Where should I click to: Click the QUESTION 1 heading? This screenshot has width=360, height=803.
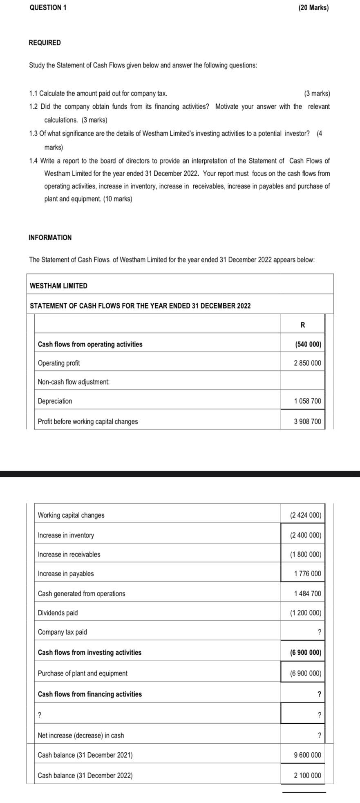point(48,8)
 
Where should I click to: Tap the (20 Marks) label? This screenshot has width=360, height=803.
point(313,8)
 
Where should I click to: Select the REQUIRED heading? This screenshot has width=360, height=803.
point(45,42)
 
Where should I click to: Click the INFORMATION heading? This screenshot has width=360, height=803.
point(50,237)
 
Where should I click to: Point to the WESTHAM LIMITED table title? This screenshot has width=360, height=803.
point(58,286)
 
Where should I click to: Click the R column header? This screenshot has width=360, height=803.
point(302,325)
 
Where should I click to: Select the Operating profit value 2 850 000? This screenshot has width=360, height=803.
point(307,363)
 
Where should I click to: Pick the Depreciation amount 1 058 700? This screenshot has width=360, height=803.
point(307,401)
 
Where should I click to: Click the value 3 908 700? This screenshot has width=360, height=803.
point(307,421)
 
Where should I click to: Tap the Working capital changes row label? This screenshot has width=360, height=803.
point(71,515)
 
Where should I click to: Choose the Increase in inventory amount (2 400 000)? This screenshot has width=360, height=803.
point(305,535)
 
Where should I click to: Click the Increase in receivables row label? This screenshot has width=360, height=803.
point(69,554)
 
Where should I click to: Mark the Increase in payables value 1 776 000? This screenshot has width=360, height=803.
point(307,573)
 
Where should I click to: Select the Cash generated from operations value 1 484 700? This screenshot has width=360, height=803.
point(307,593)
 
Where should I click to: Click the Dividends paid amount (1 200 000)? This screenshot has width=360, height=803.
point(305,613)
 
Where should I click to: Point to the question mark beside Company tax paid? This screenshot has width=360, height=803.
point(320,632)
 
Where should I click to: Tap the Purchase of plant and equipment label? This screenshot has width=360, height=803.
point(82,673)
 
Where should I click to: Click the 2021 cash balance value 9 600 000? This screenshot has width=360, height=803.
point(307,743)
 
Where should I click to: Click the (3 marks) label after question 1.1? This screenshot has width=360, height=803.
point(317,93)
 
